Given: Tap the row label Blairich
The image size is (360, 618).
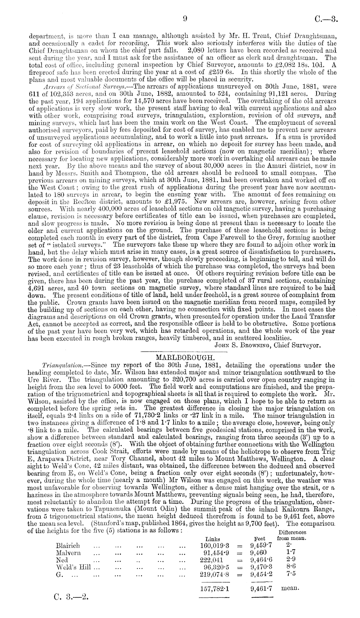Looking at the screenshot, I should pyautogui.click(x=68, y=546).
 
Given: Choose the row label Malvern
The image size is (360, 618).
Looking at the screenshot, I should pyautogui.click(x=68, y=553).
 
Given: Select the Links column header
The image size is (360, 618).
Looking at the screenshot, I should pyautogui.click(x=213, y=539).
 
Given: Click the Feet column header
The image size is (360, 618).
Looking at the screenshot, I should pyautogui.click(x=260, y=539).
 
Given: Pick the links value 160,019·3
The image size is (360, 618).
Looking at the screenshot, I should pyautogui.click(x=215, y=546).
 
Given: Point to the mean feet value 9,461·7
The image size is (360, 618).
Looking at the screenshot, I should pyautogui.click(x=261, y=589).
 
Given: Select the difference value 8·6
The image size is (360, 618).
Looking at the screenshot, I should pyautogui.click(x=291, y=567).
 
